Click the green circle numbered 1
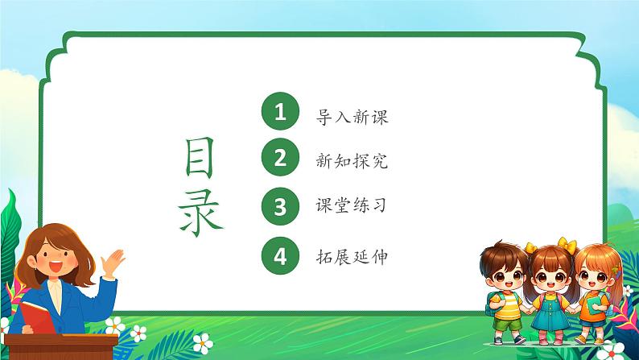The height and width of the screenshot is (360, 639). click(280, 114)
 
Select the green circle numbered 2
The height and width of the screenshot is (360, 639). click(280, 159)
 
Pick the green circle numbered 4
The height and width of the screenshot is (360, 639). click(280, 256)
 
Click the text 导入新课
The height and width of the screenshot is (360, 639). click(353, 117)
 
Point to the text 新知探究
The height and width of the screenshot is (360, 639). click(353, 162)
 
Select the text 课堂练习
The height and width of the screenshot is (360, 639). click(353, 207)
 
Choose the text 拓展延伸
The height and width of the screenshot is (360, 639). click(353, 257)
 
